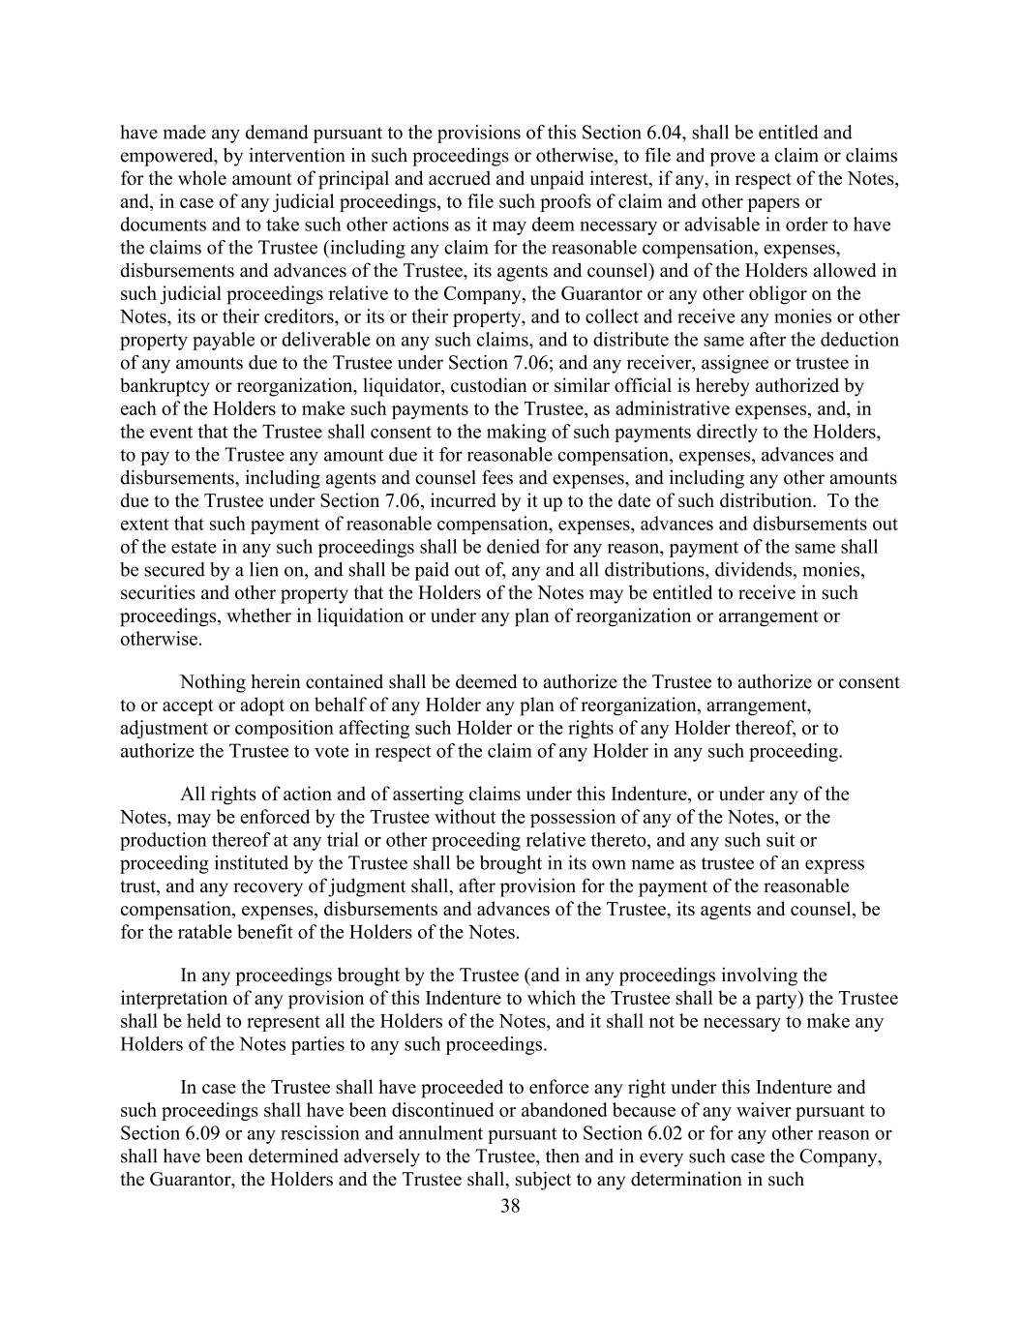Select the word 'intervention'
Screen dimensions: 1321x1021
(x=294, y=156)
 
